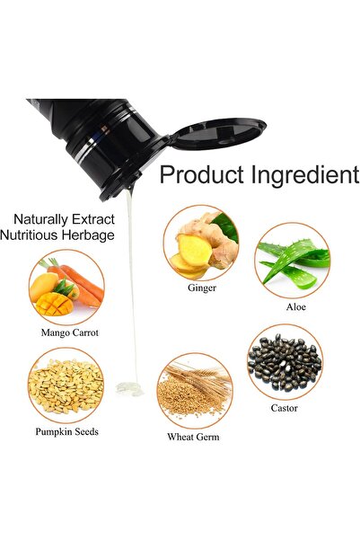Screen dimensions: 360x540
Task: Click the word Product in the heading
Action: click(x=202, y=174)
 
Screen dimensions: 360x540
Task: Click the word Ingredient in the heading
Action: click(x=305, y=175)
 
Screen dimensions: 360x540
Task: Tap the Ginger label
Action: click(x=202, y=288)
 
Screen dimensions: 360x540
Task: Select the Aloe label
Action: click(x=296, y=307)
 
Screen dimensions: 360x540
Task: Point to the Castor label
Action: click(x=285, y=408)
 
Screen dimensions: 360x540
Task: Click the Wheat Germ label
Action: click(x=193, y=437)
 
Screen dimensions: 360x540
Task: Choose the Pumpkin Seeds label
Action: click(x=66, y=432)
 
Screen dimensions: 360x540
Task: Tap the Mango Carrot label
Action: click(x=69, y=332)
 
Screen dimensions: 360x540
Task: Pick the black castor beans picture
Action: click(x=285, y=362)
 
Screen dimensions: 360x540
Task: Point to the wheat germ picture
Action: click(x=195, y=391)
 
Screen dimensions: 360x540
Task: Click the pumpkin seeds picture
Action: click(x=66, y=385)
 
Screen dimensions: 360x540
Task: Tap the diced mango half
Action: click(x=54, y=304)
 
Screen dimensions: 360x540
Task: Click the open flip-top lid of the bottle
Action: click(x=218, y=134)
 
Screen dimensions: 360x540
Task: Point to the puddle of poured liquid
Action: click(x=129, y=388)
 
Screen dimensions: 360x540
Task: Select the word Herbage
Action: click(x=88, y=235)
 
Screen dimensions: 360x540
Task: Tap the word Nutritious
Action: click(x=29, y=235)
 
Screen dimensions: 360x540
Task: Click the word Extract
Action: click(x=93, y=219)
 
